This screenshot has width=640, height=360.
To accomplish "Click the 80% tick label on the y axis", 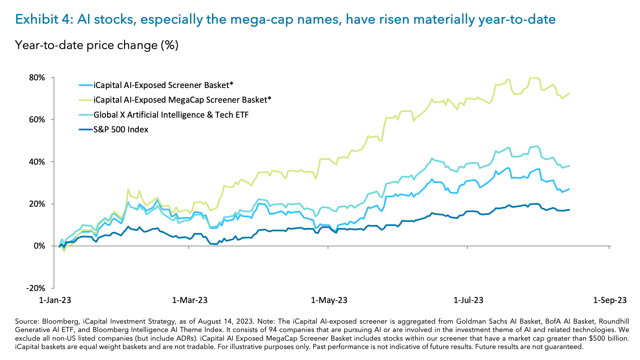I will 37,78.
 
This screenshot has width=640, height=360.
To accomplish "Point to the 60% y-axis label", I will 37,120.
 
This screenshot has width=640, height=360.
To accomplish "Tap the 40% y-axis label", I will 37,162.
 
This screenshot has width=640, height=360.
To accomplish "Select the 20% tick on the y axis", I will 37,204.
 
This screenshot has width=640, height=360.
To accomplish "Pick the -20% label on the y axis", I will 35,288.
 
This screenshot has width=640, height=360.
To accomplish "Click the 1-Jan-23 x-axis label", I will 55,300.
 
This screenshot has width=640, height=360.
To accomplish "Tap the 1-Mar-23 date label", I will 190,300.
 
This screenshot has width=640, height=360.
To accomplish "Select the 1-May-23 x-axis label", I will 329,300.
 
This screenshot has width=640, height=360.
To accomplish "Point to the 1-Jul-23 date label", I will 468,300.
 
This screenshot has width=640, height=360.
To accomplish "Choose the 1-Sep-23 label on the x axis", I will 610,300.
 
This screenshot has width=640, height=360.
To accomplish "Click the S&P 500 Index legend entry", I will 121,130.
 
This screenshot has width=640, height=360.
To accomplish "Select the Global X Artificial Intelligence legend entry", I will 171,115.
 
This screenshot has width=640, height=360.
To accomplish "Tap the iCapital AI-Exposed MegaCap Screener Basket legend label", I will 182,100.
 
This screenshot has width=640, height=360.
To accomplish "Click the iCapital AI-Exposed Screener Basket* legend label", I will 163,85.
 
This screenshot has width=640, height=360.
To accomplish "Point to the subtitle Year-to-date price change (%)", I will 97,45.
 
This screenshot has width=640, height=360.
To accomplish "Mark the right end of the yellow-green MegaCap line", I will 569,93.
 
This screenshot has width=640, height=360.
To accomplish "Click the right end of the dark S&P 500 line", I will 569,210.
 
